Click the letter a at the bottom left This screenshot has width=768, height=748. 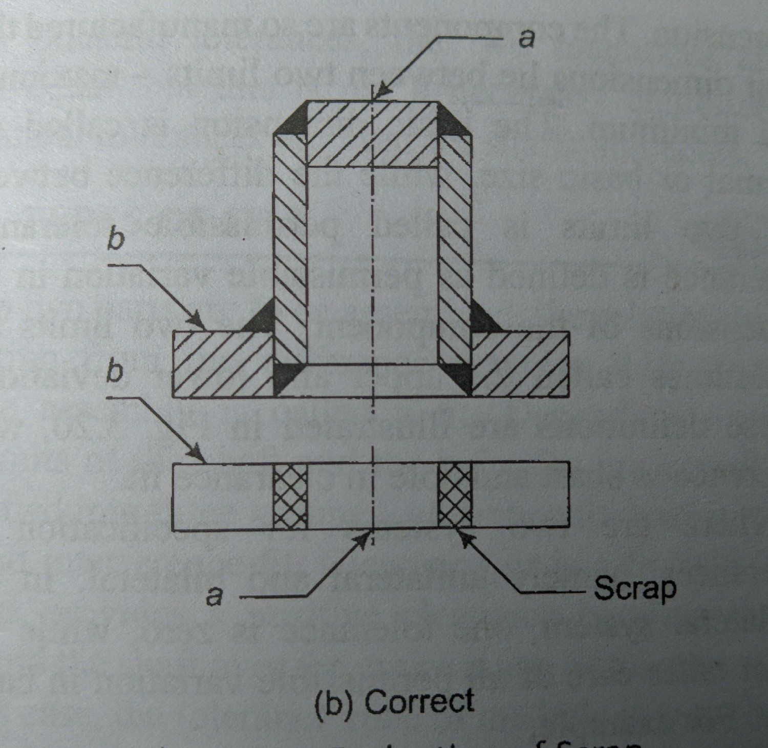tap(216, 595)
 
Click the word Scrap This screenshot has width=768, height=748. tap(634, 589)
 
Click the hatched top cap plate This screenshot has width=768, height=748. tap(372, 134)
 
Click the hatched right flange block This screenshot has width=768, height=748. tap(520, 364)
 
